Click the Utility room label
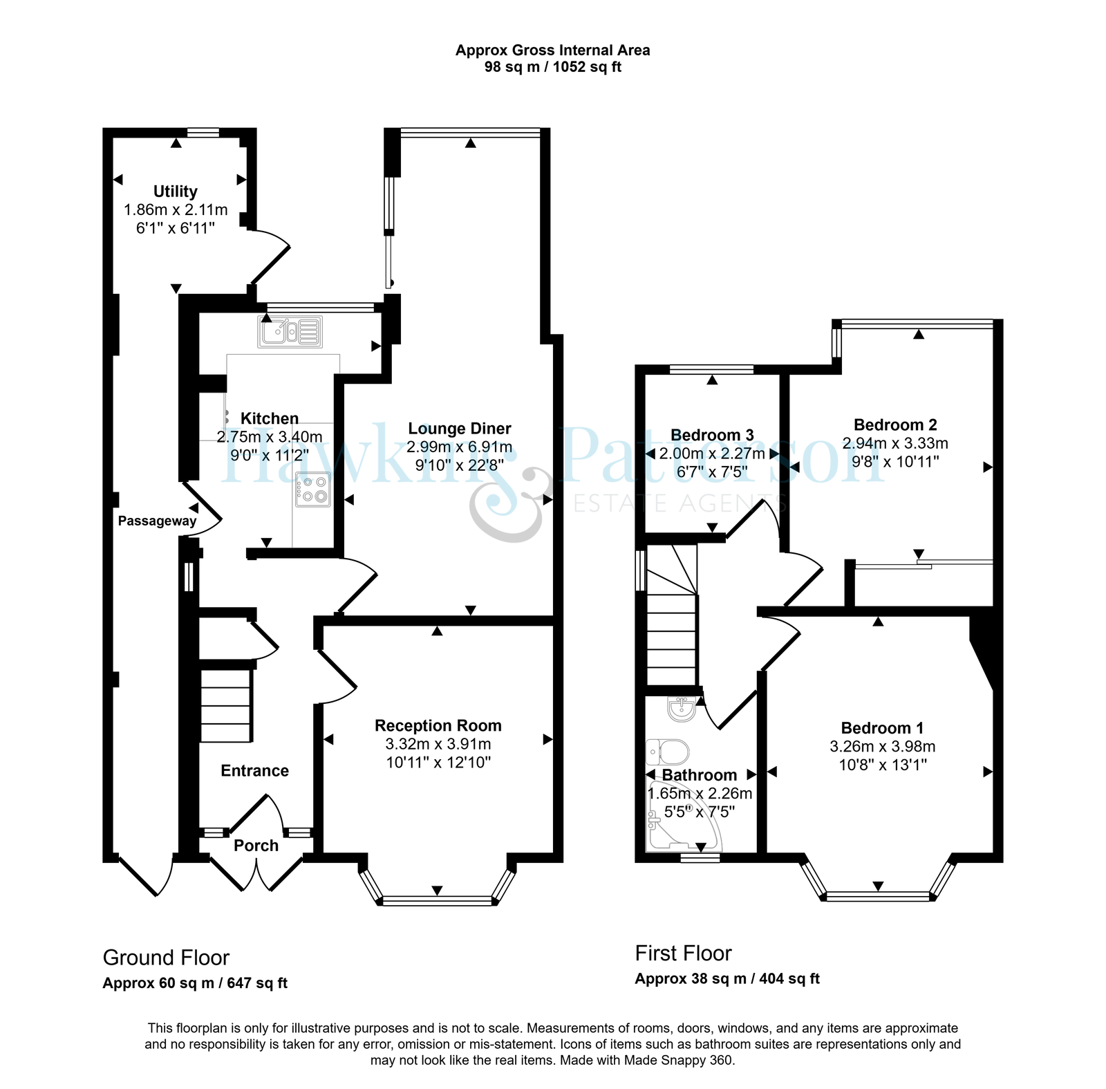click(176, 192)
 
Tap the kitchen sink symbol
click(290, 331)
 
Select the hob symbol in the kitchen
click(313, 489)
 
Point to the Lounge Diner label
click(460, 429)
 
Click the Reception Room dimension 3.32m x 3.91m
click(438, 744)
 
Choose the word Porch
click(256, 846)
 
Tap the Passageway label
click(158, 521)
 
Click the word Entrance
click(255, 771)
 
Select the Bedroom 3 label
click(712, 435)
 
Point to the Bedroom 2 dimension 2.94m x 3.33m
click(895, 443)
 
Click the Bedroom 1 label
click(882, 728)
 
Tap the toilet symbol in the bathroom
click(667, 751)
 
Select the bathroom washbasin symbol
click(682, 709)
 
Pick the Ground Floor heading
click(166, 958)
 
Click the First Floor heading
click(684, 953)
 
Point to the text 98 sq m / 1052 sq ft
click(553, 68)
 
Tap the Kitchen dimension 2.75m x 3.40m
click(270, 437)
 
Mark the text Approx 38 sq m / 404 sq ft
click(727, 979)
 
